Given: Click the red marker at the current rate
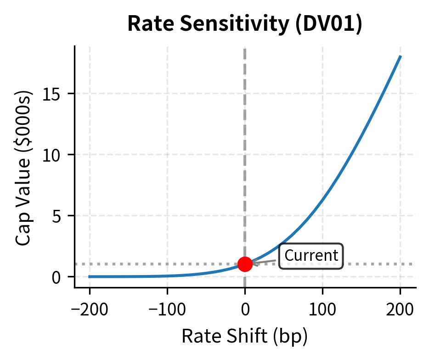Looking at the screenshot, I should click(x=245, y=264).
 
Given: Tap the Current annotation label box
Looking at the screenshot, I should click(x=311, y=256).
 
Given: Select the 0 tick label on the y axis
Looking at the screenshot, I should click(x=57, y=277).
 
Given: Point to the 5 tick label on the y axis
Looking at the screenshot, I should click(x=57, y=216).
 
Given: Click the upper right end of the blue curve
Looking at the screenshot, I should click(x=401, y=56).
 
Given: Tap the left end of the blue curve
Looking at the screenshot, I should click(x=90, y=276).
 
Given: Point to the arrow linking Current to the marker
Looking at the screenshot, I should click(x=265, y=262).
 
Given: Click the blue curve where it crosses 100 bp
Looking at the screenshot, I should click(x=322, y=200).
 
